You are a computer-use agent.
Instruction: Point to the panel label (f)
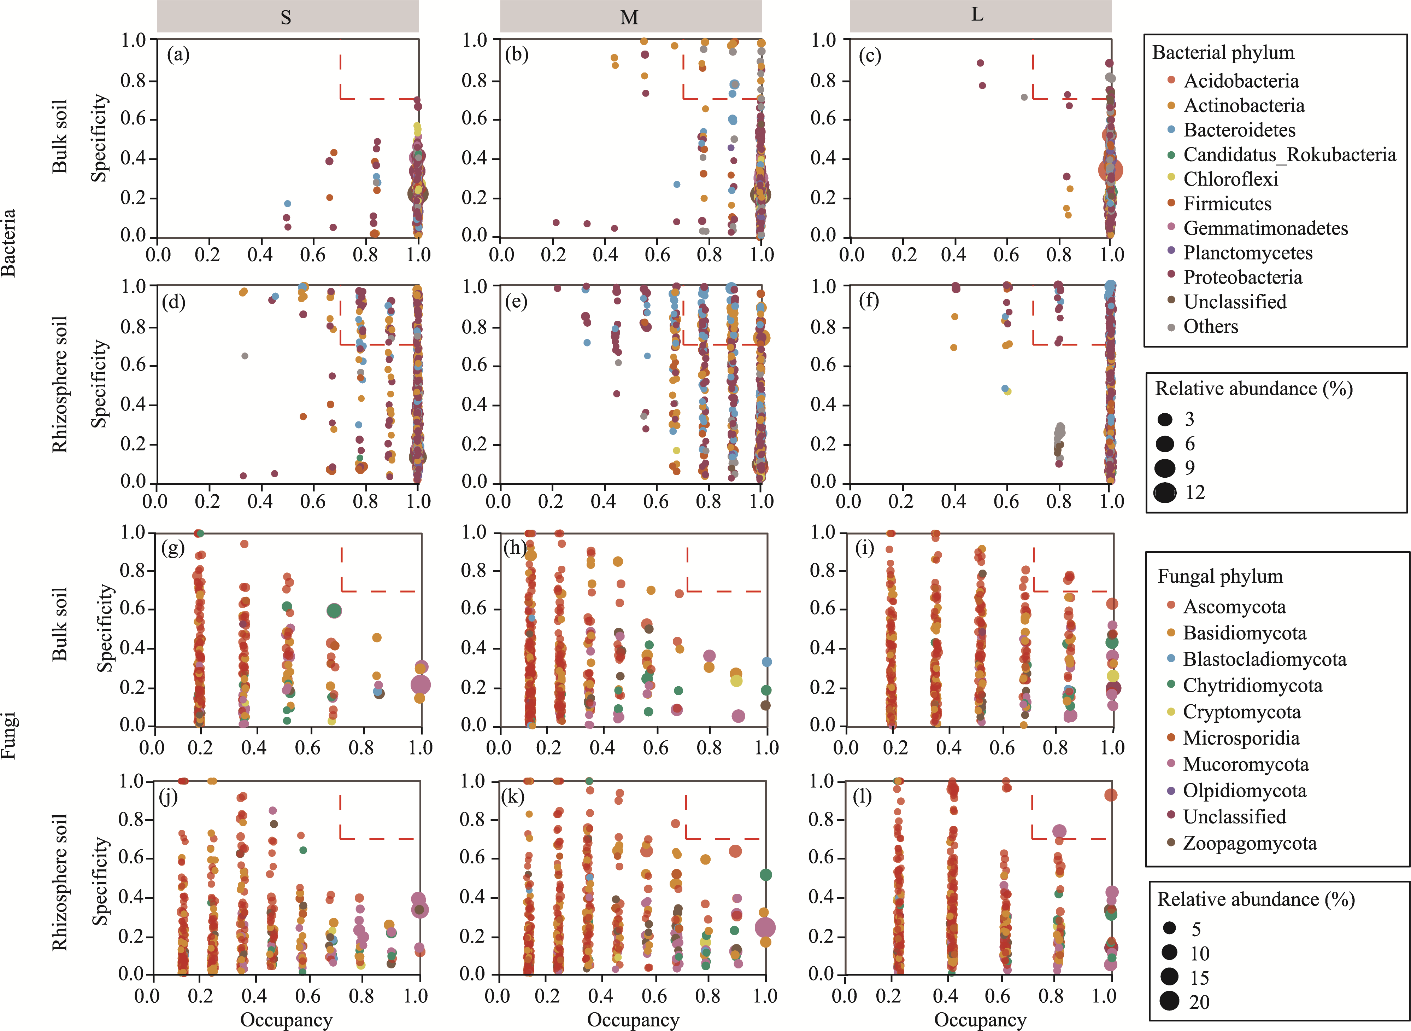click(869, 301)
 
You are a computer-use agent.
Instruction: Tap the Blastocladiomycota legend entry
click(1264, 659)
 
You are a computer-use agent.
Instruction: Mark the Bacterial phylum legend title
click(1223, 52)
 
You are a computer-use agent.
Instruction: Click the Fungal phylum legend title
click(1219, 576)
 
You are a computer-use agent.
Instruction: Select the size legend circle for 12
click(1165, 493)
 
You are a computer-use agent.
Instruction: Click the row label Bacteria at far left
click(9, 243)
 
